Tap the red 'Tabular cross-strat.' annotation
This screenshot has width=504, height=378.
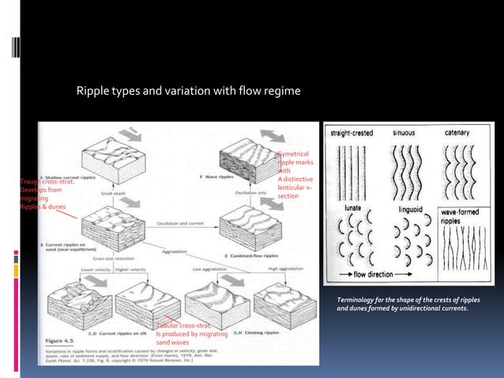182,325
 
